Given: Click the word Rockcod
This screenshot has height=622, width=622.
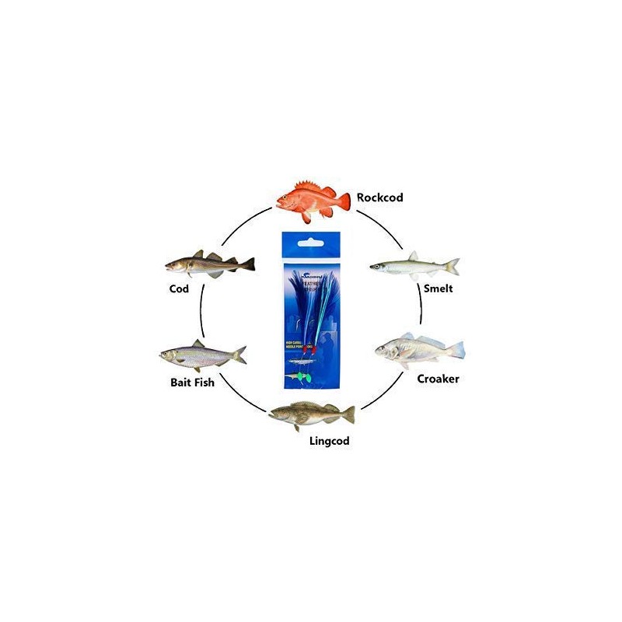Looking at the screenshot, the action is [x=379, y=197].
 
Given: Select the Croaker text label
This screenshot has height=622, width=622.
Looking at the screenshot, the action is [x=438, y=379].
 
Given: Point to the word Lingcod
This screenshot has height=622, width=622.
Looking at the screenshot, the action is [x=329, y=441].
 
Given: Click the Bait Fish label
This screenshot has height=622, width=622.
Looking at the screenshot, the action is [x=192, y=383].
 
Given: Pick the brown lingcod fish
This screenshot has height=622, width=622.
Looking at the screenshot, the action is [x=311, y=414].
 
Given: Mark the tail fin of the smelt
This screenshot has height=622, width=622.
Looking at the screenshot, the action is [x=452, y=267].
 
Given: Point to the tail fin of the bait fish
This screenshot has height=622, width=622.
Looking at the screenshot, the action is [x=239, y=355].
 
